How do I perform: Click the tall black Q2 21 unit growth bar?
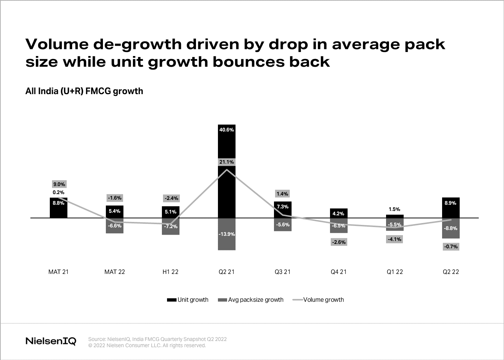pos(226,146)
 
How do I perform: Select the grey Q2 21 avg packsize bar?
pos(226,242)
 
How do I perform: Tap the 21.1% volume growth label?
pos(226,162)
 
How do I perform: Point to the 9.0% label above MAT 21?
pos(59,184)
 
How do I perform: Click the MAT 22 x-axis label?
pos(115,272)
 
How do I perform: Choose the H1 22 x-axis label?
pos(170,272)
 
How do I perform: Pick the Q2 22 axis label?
pos(451,272)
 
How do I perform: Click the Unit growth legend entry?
pos(188,300)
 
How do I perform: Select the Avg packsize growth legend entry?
pos(251,300)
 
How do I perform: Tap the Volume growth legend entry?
pos(319,300)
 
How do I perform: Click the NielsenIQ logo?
pos(51,341)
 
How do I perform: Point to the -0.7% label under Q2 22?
pos(451,246)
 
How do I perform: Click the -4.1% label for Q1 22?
pos(394,239)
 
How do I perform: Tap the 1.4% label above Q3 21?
pos(282,194)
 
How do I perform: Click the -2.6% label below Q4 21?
pos(338,242)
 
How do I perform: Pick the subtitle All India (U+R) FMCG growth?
pos(84,91)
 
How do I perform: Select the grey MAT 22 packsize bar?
pos(115,229)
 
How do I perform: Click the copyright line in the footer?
pos(147,345)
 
